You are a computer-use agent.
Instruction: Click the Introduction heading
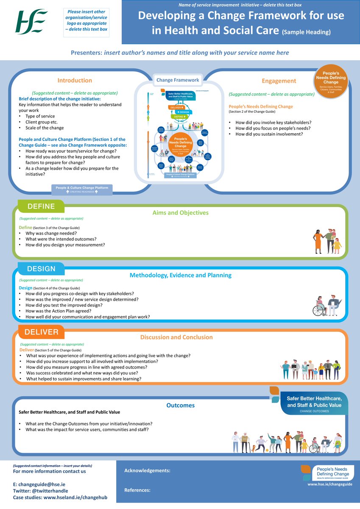click(75, 80)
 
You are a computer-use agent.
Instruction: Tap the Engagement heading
click(279, 81)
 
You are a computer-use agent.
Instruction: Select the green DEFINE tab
click(41, 207)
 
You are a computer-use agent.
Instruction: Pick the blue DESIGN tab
click(41, 268)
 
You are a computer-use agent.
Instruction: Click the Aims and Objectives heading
click(180, 213)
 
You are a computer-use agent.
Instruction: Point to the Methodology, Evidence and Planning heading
click(180, 275)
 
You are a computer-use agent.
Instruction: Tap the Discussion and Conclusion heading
click(176, 337)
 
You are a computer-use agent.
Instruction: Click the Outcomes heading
click(180, 405)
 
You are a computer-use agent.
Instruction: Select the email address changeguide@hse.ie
click(39, 484)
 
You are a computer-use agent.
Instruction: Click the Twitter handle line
click(40, 490)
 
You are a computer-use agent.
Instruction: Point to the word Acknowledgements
click(147, 470)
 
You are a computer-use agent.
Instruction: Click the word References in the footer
click(137, 490)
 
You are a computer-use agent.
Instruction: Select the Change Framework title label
click(178, 80)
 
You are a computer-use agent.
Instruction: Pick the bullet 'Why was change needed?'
click(51, 233)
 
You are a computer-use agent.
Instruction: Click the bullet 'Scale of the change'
click(45, 128)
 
